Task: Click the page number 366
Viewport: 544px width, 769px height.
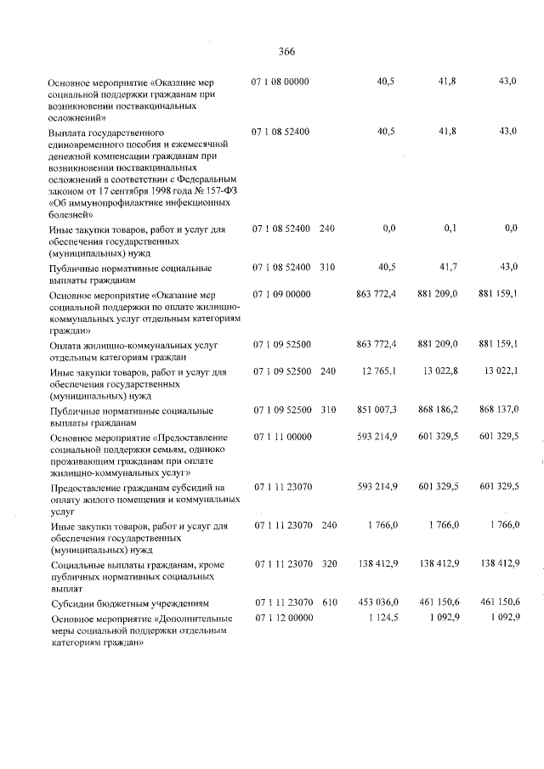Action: tap(286, 52)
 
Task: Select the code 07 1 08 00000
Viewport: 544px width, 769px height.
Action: tap(280, 82)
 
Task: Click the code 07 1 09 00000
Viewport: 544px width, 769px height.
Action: tap(280, 294)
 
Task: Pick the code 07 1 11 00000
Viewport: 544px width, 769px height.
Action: tap(280, 436)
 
